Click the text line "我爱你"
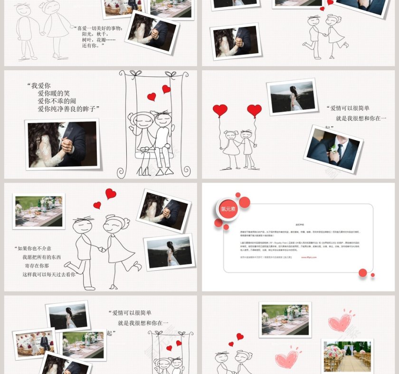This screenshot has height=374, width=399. click(x=40, y=86)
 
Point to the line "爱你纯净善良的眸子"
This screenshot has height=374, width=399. click(x=69, y=109)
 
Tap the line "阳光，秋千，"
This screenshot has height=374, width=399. click(x=95, y=34)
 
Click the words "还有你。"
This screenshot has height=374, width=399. click(x=93, y=46)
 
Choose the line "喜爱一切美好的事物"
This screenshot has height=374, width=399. click(x=99, y=28)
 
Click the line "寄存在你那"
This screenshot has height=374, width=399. click(x=37, y=266)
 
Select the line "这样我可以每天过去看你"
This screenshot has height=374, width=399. click(x=49, y=274)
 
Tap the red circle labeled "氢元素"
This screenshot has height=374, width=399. click(x=228, y=208)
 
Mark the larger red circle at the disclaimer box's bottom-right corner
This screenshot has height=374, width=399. click(x=363, y=272)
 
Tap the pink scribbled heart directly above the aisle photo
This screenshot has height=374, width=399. click(x=340, y=322)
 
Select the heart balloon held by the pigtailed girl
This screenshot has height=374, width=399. click(x=220, y=111)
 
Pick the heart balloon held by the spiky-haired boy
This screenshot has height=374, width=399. click(x=254, y=111)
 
